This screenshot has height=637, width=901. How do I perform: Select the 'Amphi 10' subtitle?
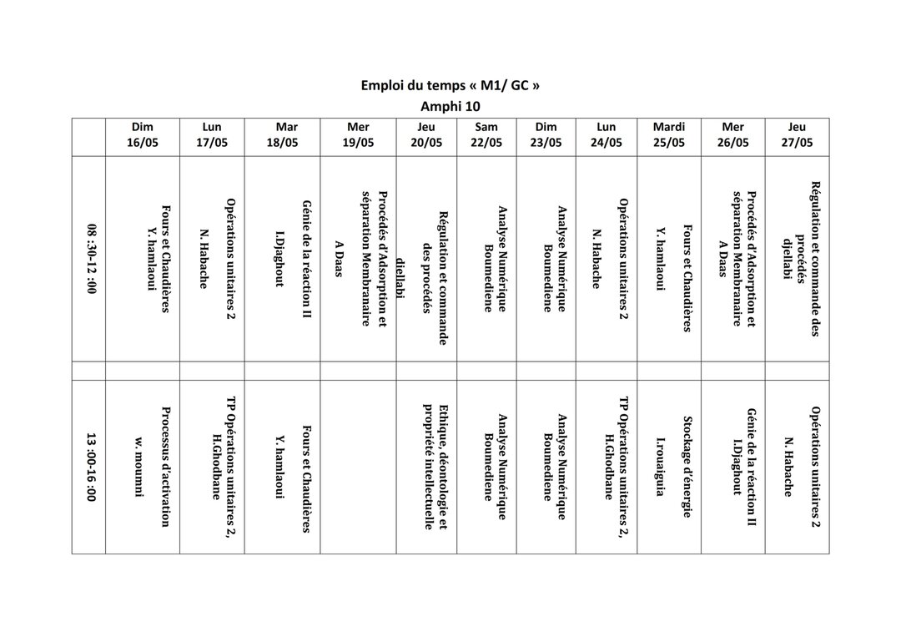pos(450,106)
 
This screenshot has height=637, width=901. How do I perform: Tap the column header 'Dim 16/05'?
pos(142,135)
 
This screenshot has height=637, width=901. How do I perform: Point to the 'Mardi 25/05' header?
pos(668,135)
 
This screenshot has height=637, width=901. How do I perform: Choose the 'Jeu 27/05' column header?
pos(797,135)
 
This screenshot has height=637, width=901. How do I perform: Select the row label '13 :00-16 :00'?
pos(90,466)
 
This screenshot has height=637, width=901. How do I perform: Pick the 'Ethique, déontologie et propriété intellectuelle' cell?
pos(436,466)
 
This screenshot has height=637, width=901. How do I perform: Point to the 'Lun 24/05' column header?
pos(607,135)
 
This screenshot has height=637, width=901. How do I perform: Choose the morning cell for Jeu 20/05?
pos(426,259)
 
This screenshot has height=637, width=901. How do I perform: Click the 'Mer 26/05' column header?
pos(732,135)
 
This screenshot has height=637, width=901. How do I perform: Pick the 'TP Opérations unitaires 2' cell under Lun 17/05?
pos(221,466)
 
